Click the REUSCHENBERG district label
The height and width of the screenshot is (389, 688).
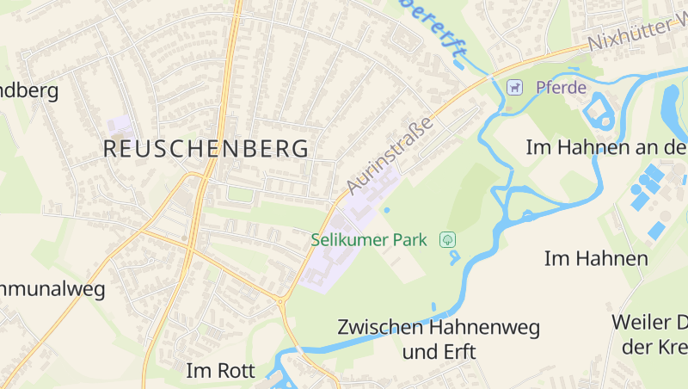tap(206, 148)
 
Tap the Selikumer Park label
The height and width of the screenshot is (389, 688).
tap(369, 240)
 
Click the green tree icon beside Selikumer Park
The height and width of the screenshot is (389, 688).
tap(447, 239)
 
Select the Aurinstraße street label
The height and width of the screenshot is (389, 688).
tap(389, 155)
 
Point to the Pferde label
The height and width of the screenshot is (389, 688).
tap(561, 87)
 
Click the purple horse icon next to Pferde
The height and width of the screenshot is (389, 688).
tap(514, 87)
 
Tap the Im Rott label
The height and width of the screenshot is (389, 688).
tap(221, 371)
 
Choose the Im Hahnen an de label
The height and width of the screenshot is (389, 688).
tap(606, 147)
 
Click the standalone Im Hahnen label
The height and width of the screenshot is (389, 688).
tap(596, 257)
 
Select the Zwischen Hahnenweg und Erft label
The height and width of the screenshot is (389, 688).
tap(439, 339)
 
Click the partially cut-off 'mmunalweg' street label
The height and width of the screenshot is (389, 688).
tap(52, 288)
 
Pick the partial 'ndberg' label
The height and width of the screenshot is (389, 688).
tap(29, 90)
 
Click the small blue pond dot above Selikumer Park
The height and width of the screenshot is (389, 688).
tap(386, 209)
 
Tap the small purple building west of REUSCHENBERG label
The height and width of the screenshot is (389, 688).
tap(120, 126)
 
